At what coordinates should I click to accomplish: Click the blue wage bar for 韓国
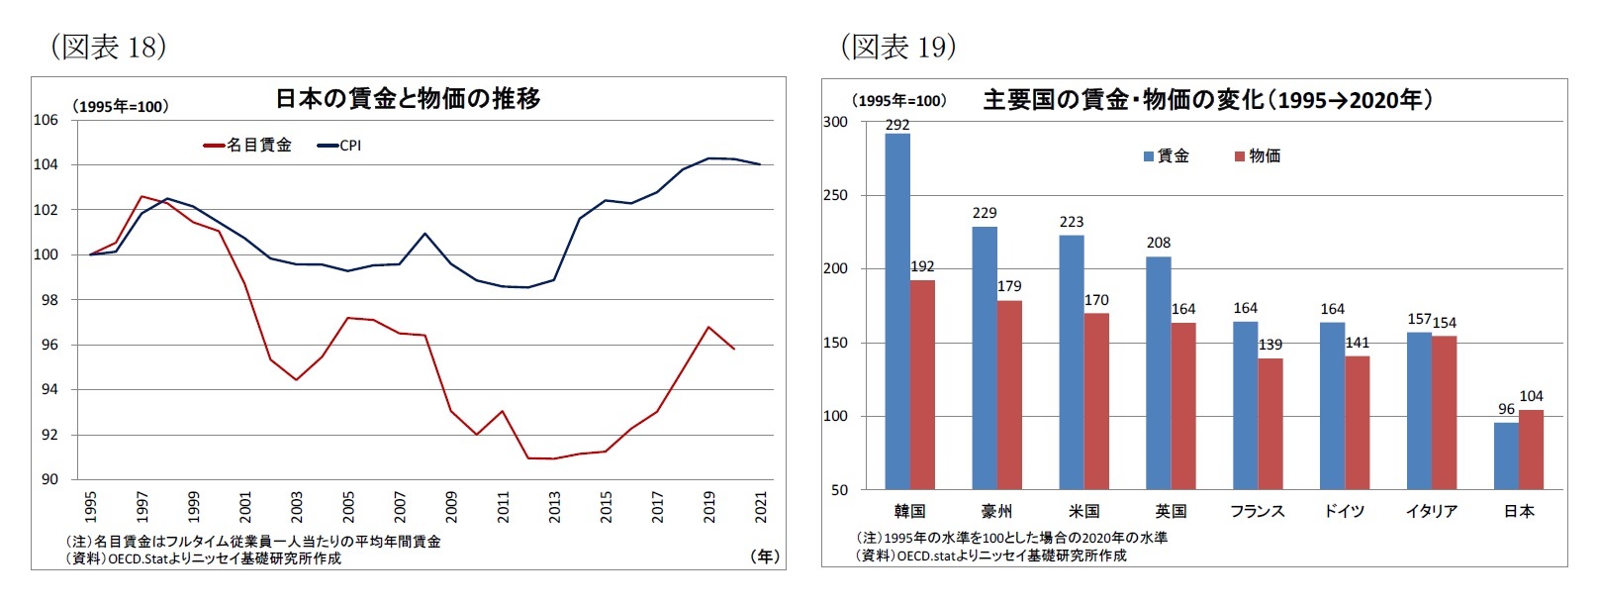897,311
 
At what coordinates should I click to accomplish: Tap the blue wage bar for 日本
1506,455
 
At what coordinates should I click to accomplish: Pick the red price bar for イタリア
1444,412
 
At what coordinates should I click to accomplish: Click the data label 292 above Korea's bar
897,125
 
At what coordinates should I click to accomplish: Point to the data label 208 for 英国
1158,243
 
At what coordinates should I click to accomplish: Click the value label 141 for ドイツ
1358,343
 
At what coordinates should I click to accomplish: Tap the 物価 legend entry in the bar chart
1258,156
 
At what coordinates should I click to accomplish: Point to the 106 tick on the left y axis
46,120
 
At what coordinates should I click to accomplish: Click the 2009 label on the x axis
451,506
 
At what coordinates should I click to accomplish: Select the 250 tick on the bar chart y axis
835,195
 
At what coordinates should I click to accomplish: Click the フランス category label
1257,511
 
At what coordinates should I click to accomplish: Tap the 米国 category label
1083,511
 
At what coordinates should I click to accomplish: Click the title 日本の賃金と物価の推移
408,99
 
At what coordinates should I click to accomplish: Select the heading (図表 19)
897,47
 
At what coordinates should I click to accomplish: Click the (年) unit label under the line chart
765,556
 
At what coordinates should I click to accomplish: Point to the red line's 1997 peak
141,196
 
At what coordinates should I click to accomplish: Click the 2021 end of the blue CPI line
760,164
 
